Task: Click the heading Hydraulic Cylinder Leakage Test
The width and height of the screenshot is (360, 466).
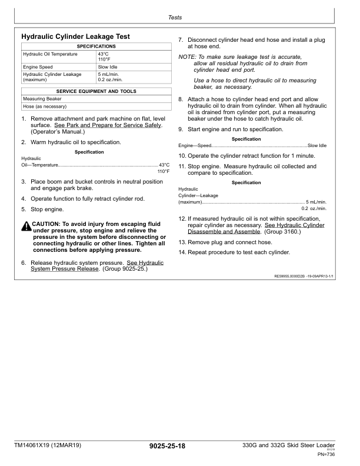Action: pyautogui.click(x=75, y=36)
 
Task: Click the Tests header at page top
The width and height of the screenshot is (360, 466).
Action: pyautogui.click(x=175, y=18)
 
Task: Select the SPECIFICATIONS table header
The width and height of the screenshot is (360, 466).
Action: pyautogui.click(x=96, y=46)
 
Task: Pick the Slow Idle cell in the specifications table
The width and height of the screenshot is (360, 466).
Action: pyautogui.click(x=108, y=67)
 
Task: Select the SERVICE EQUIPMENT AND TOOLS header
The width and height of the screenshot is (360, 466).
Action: pyautogui.click(x=96, y=92)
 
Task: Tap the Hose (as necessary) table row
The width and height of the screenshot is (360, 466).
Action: pyautogui.click(x=45, y=106)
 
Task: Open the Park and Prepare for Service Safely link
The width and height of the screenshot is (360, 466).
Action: pyautogui.click(x=108, y=126)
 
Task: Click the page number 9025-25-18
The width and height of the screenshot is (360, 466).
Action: pyautogui.click(x=168, y=447)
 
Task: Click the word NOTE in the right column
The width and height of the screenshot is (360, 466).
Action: pyautogui.click(x=186, y=56)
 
